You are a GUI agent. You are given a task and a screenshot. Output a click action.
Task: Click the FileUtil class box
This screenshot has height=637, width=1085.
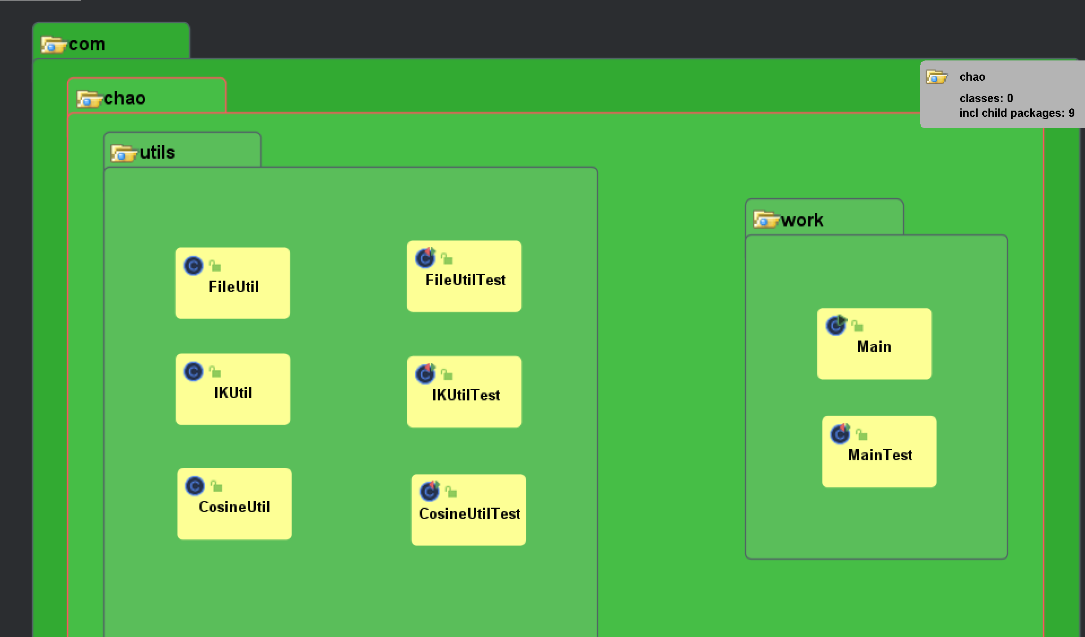click(232, 283)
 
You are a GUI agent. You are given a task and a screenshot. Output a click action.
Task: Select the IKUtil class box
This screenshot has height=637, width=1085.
click(232, 389)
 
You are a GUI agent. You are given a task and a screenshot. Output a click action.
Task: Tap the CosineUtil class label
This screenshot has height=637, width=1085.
click(234, 507)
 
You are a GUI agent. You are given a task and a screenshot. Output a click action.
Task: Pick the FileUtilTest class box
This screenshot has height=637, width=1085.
click(464, 276)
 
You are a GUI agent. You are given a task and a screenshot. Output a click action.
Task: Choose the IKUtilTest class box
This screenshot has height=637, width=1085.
click(464, 391)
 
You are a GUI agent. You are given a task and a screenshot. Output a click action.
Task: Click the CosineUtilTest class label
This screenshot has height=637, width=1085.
click(469, 514)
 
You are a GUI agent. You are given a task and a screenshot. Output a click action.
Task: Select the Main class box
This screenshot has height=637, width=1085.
click(874, 343)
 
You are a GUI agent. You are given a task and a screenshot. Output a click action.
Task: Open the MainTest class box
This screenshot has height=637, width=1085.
click(879, 452)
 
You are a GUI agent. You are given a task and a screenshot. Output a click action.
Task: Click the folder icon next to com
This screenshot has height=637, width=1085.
click(54, 44)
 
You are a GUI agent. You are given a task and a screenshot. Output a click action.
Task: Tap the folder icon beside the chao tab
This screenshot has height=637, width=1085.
click(89, 99)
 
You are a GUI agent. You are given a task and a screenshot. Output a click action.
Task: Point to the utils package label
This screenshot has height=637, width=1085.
click(157, 152)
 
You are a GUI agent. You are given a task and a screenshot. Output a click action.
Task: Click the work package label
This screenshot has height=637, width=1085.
click(802, 220)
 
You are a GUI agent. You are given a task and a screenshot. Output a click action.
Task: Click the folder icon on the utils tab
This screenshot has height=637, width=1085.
click(124, 153)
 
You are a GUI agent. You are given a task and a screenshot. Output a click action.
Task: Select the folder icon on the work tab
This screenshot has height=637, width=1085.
click(766, 219)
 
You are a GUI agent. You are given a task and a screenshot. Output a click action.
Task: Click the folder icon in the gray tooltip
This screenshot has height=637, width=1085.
click(936, 77)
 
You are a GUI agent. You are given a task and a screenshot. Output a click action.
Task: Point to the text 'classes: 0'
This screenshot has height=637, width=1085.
click(986, 98)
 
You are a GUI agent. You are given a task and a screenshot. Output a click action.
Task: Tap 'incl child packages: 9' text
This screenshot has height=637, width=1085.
click(1016, 113)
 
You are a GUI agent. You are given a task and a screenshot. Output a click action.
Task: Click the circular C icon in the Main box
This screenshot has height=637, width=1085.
click(836, 325)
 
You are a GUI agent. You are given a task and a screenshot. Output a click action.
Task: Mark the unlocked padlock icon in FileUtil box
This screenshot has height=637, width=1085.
click(215, 265)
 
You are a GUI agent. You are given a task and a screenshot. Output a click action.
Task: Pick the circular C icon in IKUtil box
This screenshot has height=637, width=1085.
click(193, 372)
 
